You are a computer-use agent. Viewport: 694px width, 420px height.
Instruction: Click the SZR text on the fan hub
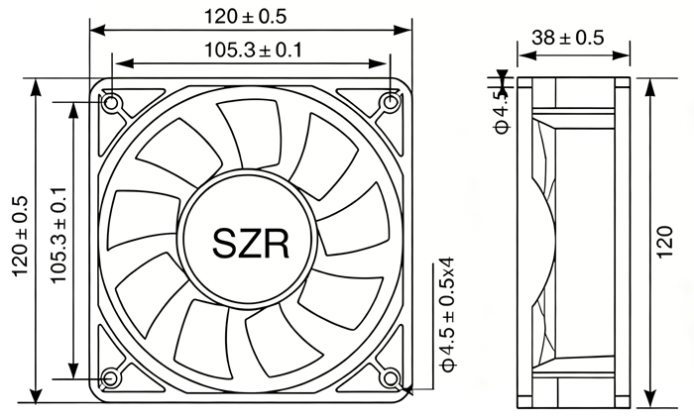(x=251, y=243)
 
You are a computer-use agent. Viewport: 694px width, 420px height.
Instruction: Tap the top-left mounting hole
(x=111, y=103)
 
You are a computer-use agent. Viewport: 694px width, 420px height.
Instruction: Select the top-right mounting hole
(x=390, y=103)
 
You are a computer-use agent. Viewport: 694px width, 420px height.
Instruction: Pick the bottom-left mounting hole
(x=109, y=378)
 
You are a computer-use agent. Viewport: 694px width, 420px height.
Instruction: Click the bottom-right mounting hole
(x=390, y=378)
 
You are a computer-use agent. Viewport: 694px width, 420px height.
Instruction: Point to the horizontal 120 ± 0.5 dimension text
(x=245, y=17)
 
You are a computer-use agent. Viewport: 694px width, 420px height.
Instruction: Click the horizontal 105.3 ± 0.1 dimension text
(x=253, y=50)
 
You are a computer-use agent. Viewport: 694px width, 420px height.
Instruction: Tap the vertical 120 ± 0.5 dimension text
(x=21, y=237)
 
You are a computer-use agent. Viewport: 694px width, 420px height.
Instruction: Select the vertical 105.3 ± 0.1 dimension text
(x=58, y=235)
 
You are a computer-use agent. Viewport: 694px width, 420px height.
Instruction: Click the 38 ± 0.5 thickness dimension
(x=568, y=38)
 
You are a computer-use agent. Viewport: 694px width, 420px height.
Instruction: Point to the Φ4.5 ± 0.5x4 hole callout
(x=447, y=315)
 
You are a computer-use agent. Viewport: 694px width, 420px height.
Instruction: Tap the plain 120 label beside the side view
(x=664, y=243)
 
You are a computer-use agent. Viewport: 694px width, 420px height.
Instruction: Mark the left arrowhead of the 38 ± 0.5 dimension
(x=526, y=55)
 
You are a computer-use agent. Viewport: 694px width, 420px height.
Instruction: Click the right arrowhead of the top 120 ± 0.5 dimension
(x=403, y=30)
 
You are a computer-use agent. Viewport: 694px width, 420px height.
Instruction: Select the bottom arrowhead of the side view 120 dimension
(x=649, y=397)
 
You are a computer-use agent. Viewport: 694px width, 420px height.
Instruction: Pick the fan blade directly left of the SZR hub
(x=144, y=219)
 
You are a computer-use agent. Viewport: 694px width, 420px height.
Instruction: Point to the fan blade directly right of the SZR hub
(x=354, y=219)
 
